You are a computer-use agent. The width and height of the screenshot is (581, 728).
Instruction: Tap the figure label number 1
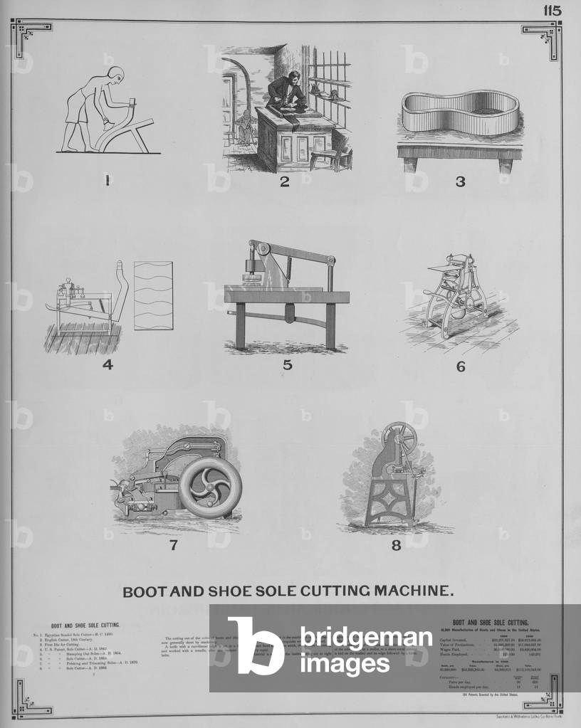(107, 181)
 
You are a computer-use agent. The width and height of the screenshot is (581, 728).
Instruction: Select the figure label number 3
(460, 181)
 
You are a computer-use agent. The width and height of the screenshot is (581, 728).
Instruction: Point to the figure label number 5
(287, 365)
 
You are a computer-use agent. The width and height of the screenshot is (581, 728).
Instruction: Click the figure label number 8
(396, 546)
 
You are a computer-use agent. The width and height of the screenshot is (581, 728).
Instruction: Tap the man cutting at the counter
(286, 93)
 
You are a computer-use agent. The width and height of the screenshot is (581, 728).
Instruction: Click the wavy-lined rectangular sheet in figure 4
(153, 295)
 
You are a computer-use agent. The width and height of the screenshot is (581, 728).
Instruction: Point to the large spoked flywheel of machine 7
(210, 487)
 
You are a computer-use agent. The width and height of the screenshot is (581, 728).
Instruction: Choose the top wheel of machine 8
(399, 438)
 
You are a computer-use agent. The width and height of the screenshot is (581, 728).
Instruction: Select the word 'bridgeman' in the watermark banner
(365, 638)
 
